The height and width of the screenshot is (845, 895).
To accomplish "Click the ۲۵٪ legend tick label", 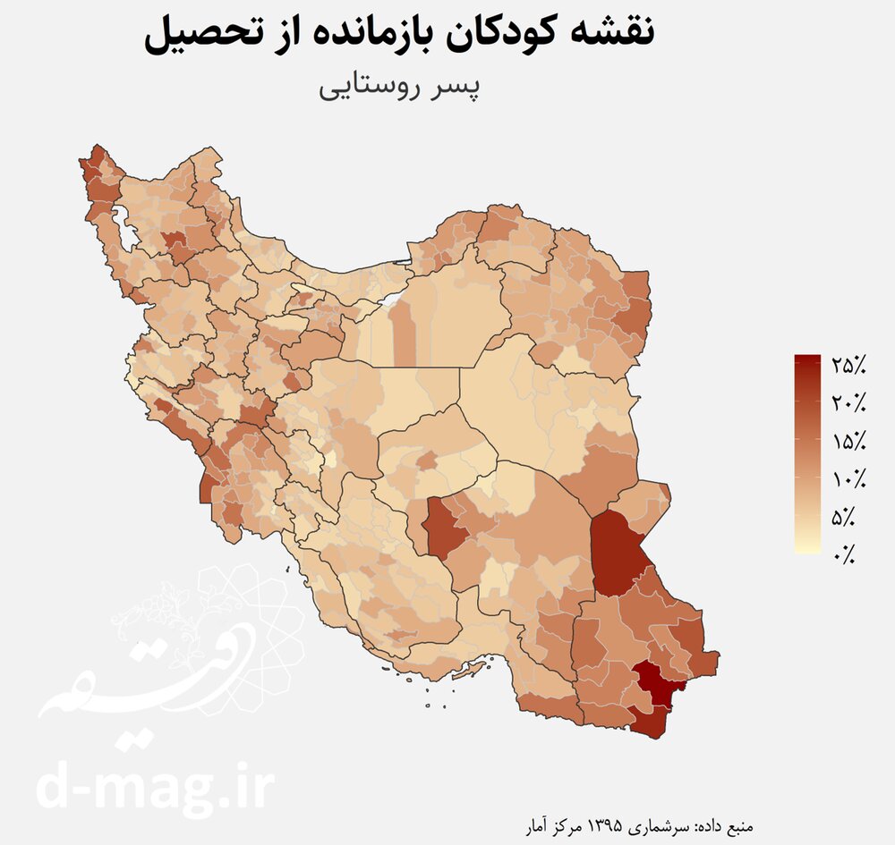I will click(848, 365).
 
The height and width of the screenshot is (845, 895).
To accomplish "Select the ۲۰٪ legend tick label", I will click(848, 403).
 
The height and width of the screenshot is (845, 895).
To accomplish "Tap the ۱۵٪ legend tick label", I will click(848, 441).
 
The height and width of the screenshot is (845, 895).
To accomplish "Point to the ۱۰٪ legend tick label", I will click(848, 479).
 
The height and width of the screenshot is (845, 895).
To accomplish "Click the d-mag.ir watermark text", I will click(156, 787).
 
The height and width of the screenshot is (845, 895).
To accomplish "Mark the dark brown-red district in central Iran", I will click(445, 528).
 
